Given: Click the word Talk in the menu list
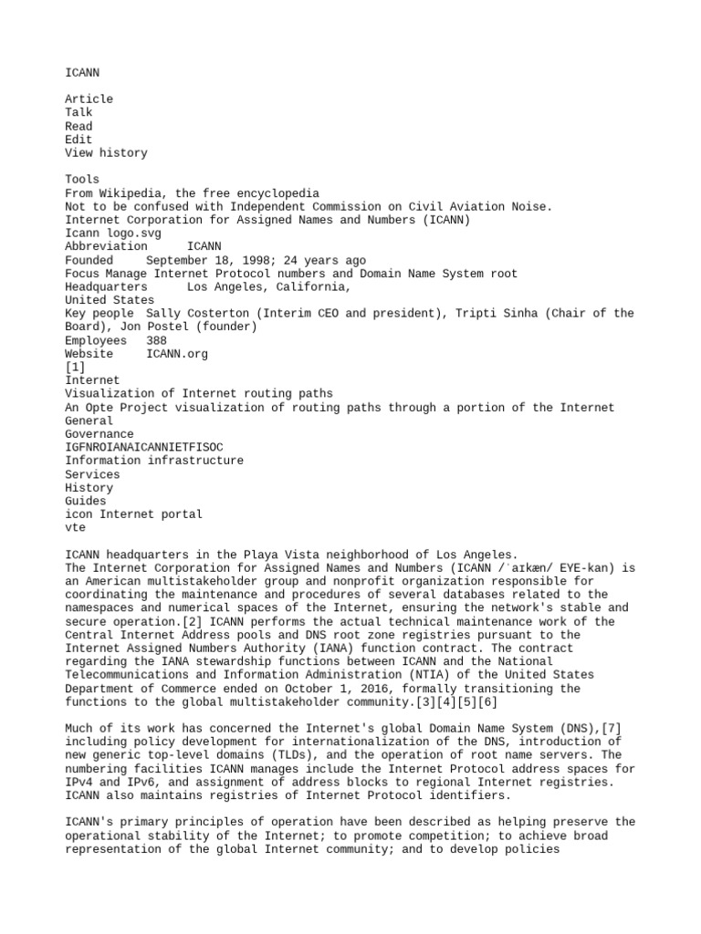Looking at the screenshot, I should pyautogui.click(x=78, y=112).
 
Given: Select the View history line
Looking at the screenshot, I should pyautogui.click(x=106, y=152).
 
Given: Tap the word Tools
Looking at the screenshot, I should pyautogui.click(x=82, y=180).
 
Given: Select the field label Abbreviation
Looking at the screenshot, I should pyautogui.click(x=106, y=246).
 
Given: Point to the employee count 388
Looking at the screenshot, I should pyautogui.click(x=156, y=340).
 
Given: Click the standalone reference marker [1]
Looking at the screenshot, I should pyautogui.click(x=75, y=367).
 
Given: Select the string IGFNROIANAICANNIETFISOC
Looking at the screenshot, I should pyautogui.click(x=143, y=448).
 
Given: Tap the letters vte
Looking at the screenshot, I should pyautogui.click(x=75, y=527).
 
